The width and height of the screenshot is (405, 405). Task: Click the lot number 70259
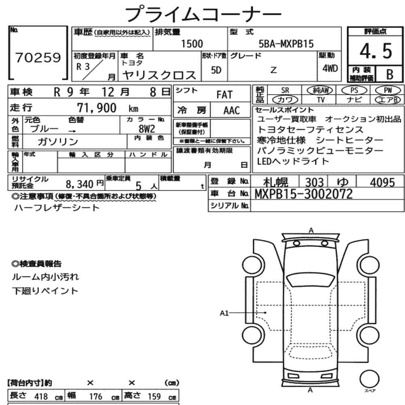pyautogui.click(x=38, y=58)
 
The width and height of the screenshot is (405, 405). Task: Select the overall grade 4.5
pyautogui.click(x=376, y=51)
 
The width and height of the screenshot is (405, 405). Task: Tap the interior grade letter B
pyautogui.click(x=390, y=75)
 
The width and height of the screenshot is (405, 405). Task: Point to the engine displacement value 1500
pyautogui.click(x=192, y=44)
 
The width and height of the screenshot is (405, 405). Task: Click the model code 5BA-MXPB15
pyautogui.click(x=286, y=44)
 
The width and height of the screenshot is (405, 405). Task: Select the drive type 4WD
pyautogui.click(x=330, y=68)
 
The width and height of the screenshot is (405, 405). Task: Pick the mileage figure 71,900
pyautogui.click(x=97, y=108)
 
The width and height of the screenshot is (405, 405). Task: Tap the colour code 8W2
pyautogui.click(x=147, y=128)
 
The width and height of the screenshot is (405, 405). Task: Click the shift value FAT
pyautogui.click(x=224, y=95)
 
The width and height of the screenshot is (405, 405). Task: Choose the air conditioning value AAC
pyautogui.click(x=231, y=111)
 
